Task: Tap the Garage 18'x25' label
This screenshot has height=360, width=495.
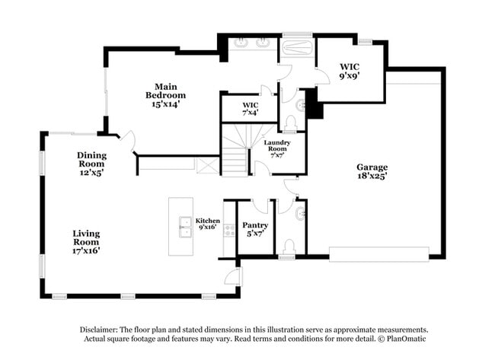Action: click(x=372, y=172)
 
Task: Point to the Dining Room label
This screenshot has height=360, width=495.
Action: click(x=91, y=164)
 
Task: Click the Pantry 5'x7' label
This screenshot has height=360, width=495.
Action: click(x=254, y=230)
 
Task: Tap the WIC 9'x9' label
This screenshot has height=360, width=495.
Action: click(x=350, y=71)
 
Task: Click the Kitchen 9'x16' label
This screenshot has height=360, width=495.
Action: click(x=207, y=224)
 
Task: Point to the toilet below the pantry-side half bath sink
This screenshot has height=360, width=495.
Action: click(x=289, y=247)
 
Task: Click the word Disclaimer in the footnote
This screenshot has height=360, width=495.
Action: click(x=100, y=329)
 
